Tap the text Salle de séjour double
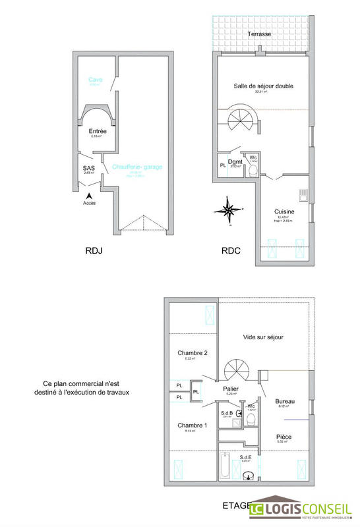[x=263, y=86]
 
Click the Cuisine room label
[x=285, y=211]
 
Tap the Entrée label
[x=98, y=131]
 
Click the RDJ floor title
[x=94, y=251]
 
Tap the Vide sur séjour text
[x=262, y=337]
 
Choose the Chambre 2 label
[x=193, y=354]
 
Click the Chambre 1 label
[x=193, y=426]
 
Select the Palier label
[x=231, y=389]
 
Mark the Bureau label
[x=285, y=401]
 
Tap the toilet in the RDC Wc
[x=253, y=170]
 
